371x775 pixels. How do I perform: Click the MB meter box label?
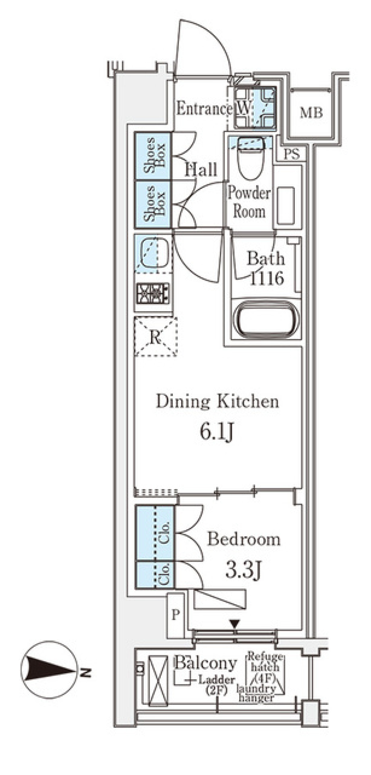[x=311, y=113]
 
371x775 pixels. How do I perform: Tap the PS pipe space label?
[x=292, y=154]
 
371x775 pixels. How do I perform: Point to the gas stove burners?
[x=153, y=293]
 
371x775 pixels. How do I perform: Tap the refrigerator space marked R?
[x=155, y=336]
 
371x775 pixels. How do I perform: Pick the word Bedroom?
[x=244, y=539]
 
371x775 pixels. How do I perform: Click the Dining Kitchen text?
[x=217, y=401]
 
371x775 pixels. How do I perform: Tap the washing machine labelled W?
[x=255, y=107]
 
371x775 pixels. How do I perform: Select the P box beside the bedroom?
[x=176, y=616]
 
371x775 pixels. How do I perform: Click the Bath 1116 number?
[x=267, y=278]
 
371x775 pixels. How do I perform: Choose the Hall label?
[x=201, y=170]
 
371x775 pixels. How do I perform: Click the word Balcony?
[x=206, y=663]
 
